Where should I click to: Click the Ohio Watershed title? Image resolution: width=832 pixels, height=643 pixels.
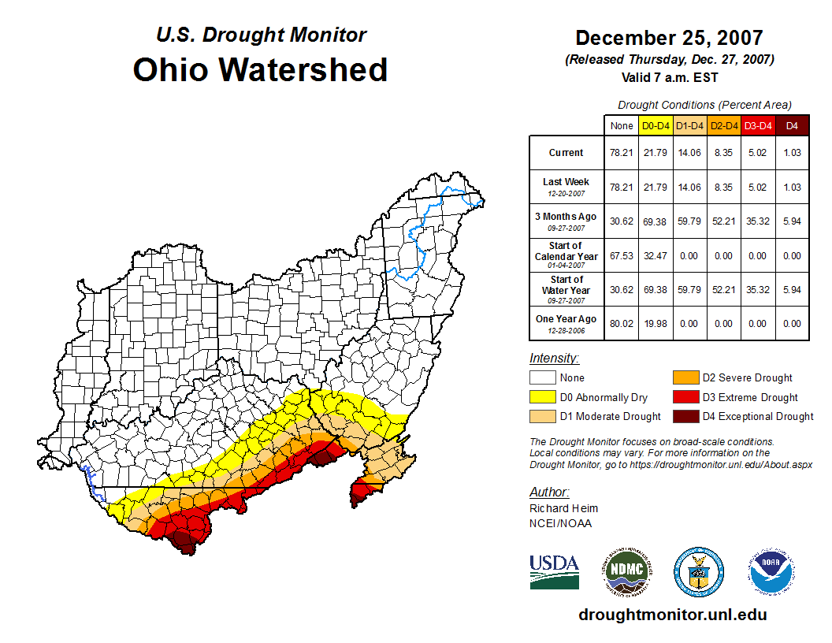tap(260, 69)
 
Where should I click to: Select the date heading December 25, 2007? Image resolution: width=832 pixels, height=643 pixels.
tap(669, 38)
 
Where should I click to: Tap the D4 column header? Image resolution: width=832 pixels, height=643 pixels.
tap(792, 125)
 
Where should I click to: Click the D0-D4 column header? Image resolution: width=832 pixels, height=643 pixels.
tap(656, 125)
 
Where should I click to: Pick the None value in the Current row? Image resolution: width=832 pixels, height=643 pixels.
tap(621, 153)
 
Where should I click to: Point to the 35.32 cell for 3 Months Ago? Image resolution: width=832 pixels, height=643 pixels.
tap(757, 221)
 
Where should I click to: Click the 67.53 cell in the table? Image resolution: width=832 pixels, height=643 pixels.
tap(621, 255)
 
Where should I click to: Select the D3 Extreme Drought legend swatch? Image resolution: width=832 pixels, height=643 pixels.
tap(684, 397)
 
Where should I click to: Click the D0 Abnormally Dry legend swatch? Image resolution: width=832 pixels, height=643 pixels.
tap(542, 397)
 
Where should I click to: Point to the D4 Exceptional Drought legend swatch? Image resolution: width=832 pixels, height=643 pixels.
tap(684, 416)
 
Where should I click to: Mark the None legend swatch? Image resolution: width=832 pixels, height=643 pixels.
tap(542, 378)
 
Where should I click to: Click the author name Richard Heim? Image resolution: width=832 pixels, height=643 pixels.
tap(563, 508)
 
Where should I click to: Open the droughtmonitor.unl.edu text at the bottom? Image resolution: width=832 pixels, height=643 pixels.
tap(672, 615)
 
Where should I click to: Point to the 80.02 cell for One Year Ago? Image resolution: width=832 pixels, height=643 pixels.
tap(621, 323)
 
